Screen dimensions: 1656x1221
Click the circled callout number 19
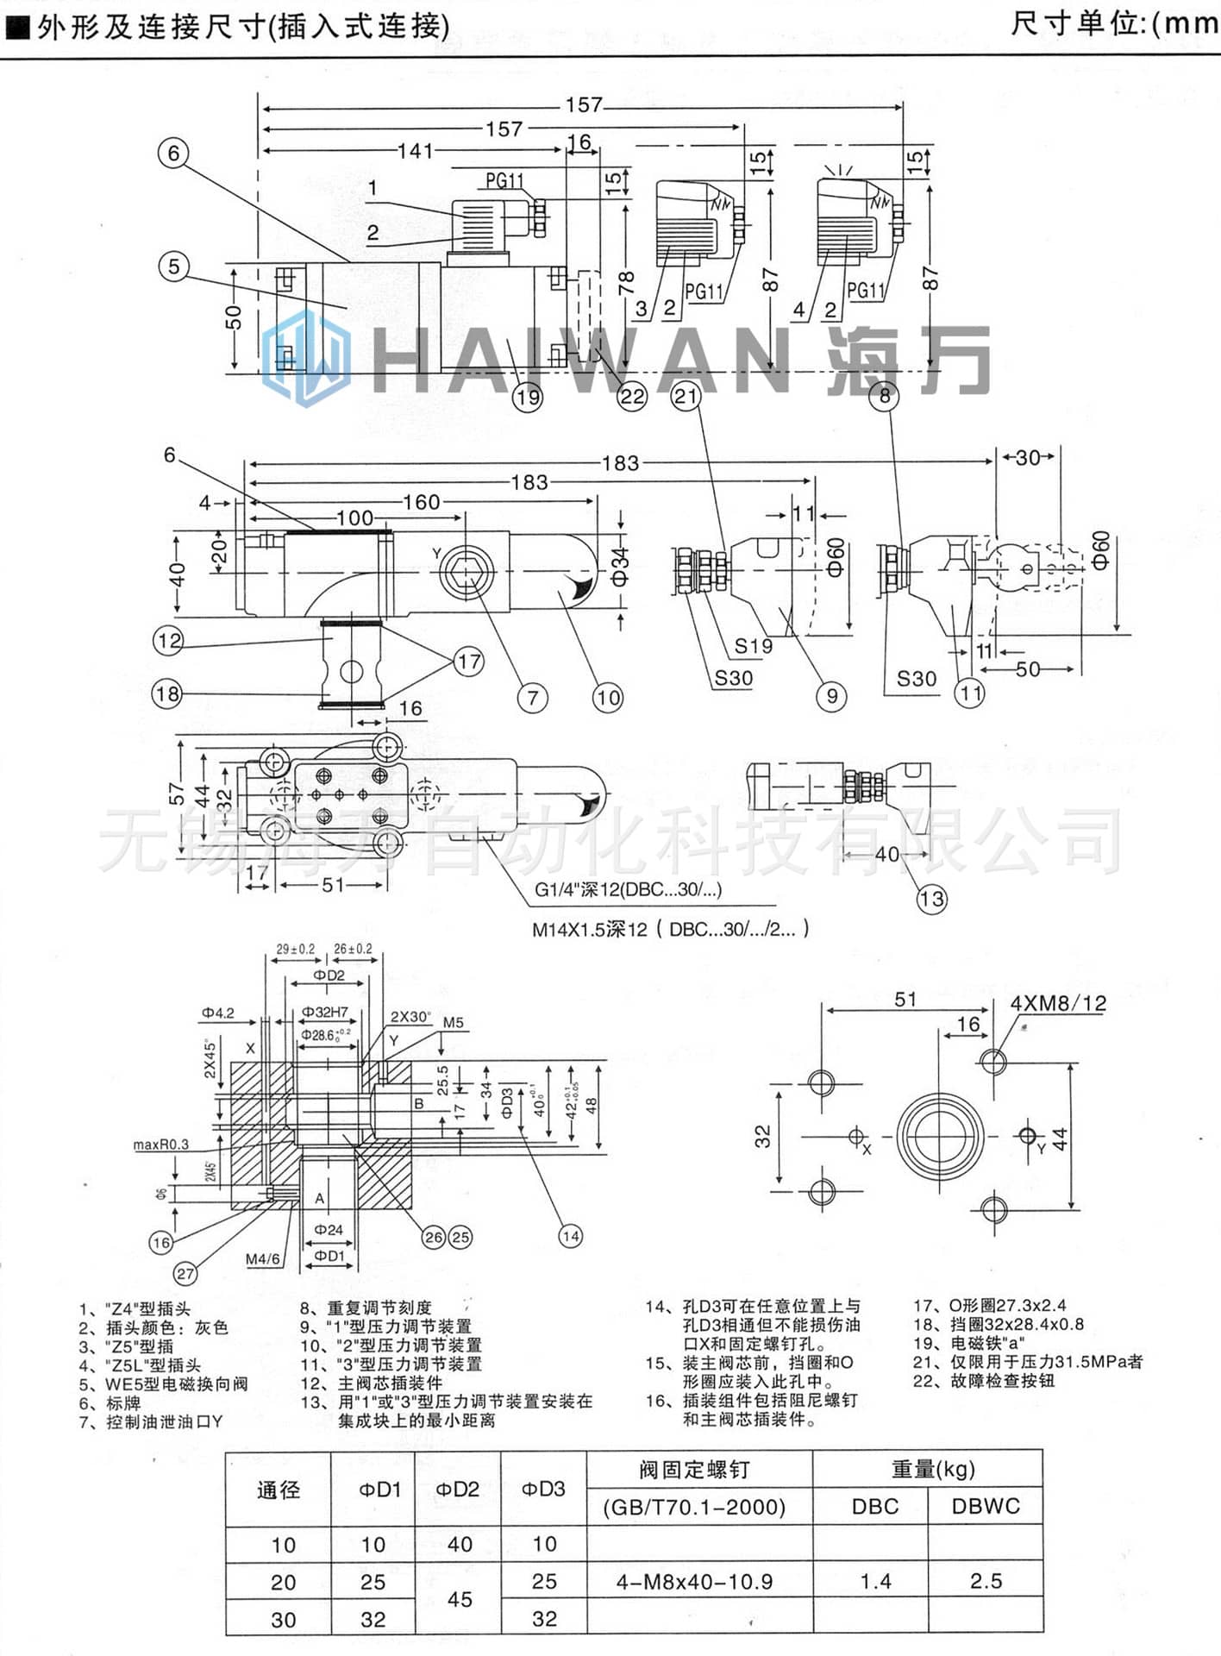point(528,397)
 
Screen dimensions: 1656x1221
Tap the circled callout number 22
point(632,396)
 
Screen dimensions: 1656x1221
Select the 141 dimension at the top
point(415,151)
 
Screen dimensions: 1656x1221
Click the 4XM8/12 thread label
point(1058,1003)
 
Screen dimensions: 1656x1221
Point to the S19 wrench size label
point(753,646)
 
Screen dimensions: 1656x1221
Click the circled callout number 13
point(931,900)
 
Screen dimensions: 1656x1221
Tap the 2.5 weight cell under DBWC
point(986,1581)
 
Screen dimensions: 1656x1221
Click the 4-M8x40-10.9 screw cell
point(695,1582)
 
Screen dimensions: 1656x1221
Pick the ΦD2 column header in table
point(457,1490)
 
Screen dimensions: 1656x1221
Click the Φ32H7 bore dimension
point(325,1013)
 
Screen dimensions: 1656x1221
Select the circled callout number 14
point(570,1236)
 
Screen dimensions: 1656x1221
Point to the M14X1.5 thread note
point(669,930)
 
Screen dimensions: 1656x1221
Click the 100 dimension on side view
point(354,517)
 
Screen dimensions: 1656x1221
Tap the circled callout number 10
point(607,697)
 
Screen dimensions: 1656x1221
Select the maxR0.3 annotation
point(161,1145)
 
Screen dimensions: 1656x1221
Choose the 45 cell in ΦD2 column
point(460,1599)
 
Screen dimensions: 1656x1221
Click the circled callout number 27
point(185,1273)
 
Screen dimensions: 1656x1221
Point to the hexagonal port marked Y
point(466,572)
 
